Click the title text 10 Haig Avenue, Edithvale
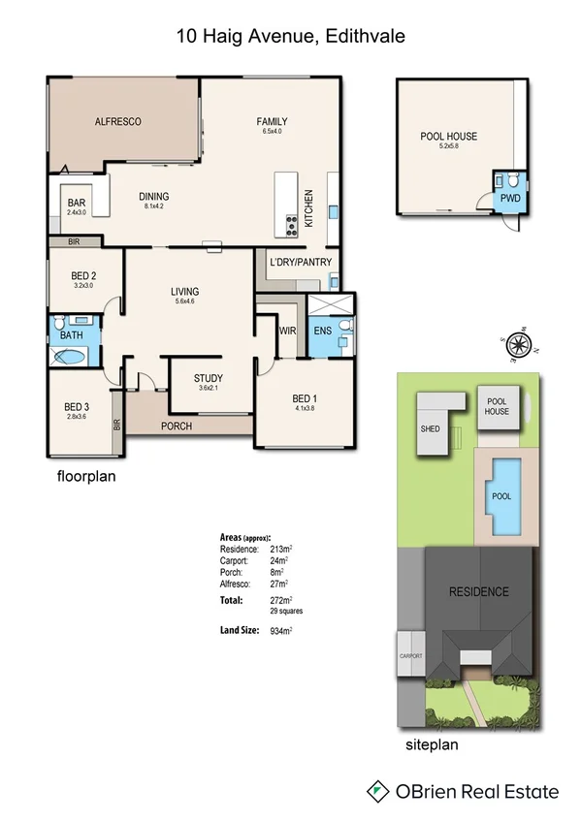290,37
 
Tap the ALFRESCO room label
118,121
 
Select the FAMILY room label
272,121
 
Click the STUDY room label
208,379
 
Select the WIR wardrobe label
286,331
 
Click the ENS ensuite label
323,331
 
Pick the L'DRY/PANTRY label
302,262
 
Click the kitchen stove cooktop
289,226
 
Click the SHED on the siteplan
432,427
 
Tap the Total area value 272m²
279,601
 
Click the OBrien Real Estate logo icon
376,792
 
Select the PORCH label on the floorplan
176,427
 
